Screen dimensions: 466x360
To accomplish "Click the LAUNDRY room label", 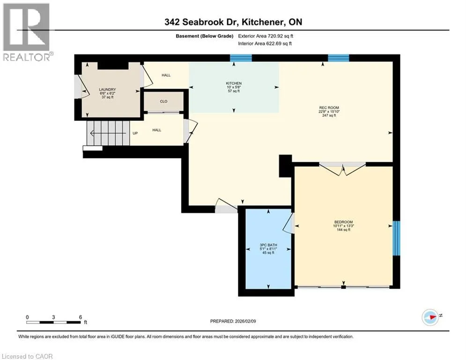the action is click(107, 89).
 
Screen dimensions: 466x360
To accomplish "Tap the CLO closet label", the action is click(164, 101).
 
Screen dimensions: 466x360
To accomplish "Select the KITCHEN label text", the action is click(234, 83).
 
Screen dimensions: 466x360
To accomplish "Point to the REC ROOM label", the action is click(329, 108).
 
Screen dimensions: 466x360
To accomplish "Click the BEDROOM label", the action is click(344, 222).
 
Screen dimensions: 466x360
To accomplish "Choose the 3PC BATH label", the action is click(268, 245).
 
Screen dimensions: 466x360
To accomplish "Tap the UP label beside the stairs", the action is click(135, 133).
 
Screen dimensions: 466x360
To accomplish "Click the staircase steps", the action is click(108, 133).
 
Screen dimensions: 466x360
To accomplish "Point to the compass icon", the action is click(430, 317).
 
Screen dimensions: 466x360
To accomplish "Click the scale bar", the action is click(53, 322).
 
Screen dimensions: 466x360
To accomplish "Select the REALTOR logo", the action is click(26, 32).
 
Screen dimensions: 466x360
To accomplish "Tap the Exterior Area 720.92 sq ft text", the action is click(266, 36).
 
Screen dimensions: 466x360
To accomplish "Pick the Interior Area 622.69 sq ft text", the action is click(265, 44).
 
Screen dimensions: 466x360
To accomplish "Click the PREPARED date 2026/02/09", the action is click(233, 321).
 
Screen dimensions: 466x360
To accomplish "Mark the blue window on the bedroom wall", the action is click(397, 238).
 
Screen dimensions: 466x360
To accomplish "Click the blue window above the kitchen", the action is click(241, 58).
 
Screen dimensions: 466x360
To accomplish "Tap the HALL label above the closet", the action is click(166, 75).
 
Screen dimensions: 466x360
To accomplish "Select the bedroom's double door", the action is click(342, 169).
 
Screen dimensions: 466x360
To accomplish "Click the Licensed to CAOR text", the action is click(27, 356).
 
